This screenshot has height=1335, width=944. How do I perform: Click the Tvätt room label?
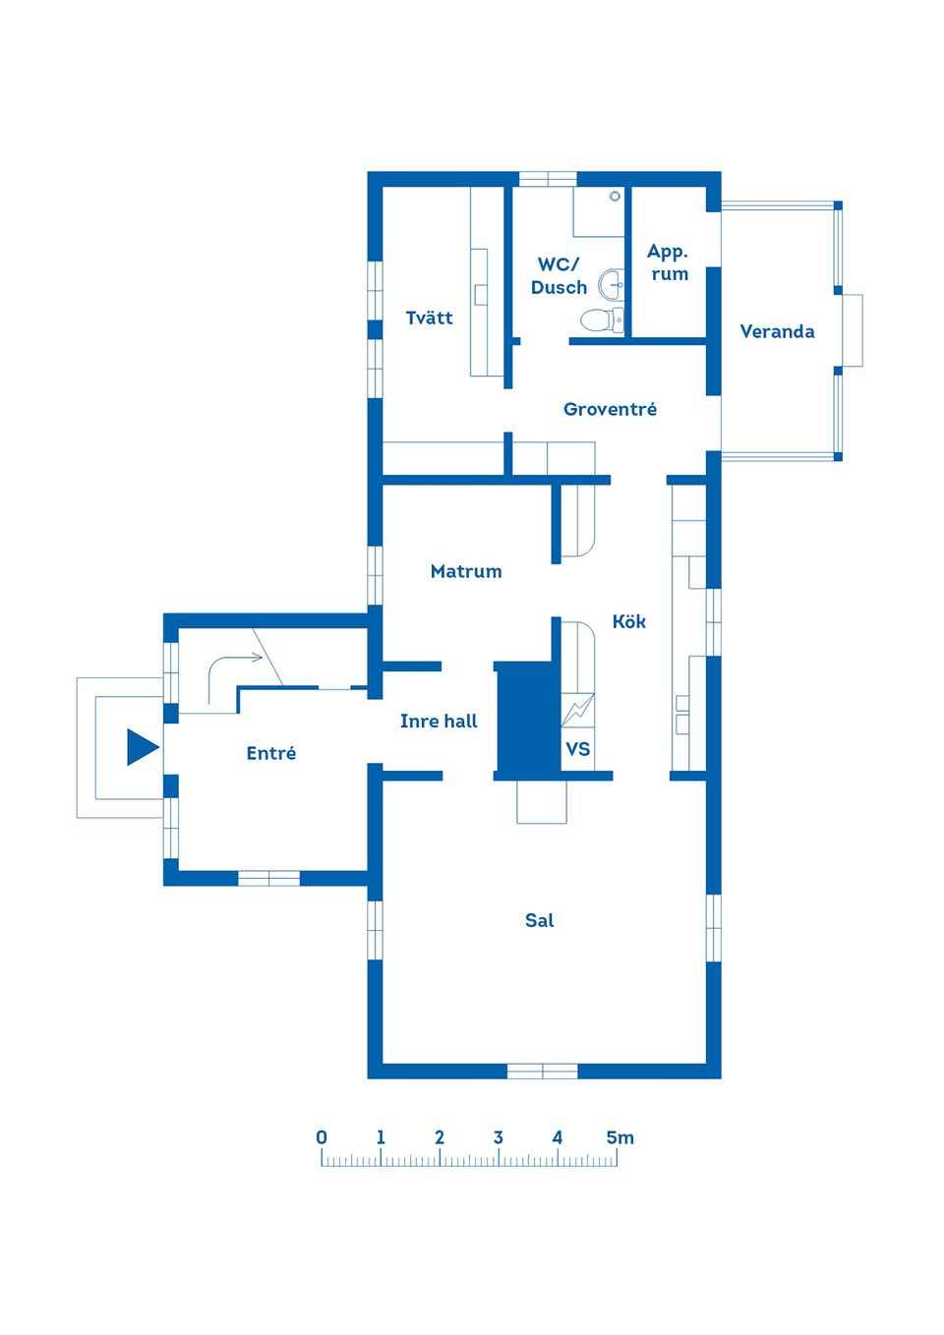[429, 318]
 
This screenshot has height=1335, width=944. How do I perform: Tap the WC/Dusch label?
[559, 275]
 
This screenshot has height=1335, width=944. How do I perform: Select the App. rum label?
[668, 262]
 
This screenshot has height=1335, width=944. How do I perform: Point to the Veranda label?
[777, 331]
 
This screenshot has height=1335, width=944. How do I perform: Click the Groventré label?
[610, 409]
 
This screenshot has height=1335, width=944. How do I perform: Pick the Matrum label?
[466, 571]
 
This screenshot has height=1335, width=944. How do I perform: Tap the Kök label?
[629, 621]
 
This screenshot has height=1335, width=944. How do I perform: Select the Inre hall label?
[439, 722]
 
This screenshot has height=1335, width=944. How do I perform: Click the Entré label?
[271, 753]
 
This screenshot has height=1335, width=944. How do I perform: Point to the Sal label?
[539, 920]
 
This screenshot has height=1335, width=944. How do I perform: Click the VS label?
[577, 748]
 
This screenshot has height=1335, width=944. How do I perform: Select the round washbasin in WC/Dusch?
[611, 284]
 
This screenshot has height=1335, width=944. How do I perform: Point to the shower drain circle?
[615, 196]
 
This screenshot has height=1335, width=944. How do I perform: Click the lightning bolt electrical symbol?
[578, 709]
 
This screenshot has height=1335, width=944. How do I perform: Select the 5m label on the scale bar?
[619, 1137]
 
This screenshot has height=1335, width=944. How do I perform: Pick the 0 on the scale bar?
[322, 1137]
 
